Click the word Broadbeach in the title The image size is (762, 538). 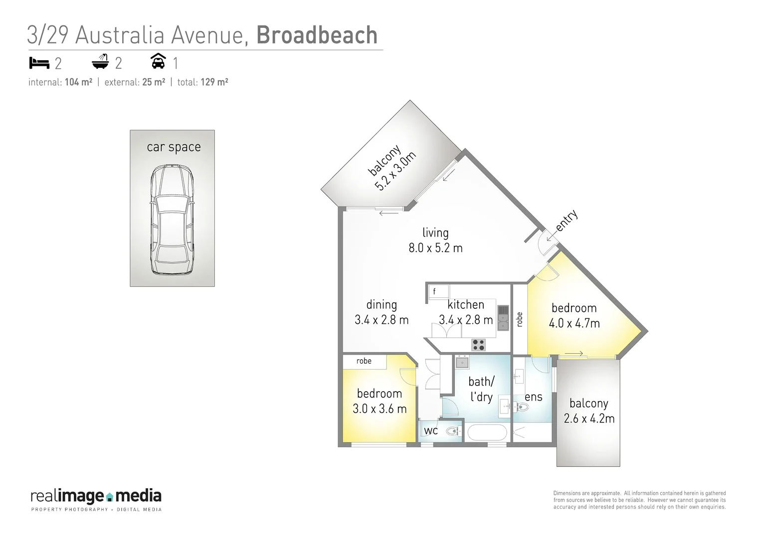point(317,35)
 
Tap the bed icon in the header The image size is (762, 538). point(39,63)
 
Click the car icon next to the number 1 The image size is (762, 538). point(158,61)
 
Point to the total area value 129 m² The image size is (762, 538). point(214,82)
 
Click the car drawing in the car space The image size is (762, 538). point(172,220)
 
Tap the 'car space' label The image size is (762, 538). point(174,147)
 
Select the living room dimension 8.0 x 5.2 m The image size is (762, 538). point(435,248)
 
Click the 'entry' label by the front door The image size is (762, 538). point(566,220)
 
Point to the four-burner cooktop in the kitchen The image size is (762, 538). point(478,344)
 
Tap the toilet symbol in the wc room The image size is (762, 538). point(453,431)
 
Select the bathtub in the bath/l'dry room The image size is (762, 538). point(488,432)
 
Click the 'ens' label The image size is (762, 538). point(533,397)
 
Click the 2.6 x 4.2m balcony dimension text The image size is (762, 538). point(589,418)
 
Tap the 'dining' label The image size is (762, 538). point(381,304)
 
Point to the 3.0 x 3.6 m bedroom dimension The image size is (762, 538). point(380,409)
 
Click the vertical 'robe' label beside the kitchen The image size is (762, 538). point(520,319)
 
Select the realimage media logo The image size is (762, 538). point(96,500)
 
